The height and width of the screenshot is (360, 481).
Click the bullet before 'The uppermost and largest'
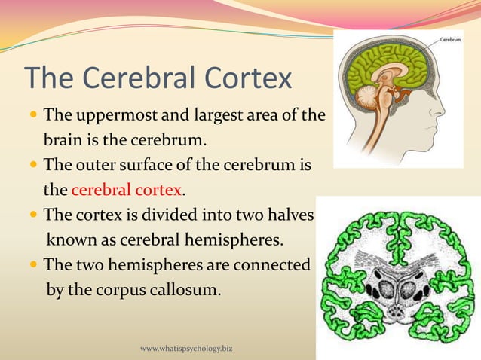pos(34,117)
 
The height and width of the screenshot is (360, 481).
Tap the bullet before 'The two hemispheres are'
pos(34,265)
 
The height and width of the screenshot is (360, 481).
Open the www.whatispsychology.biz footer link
pos(186,349)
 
